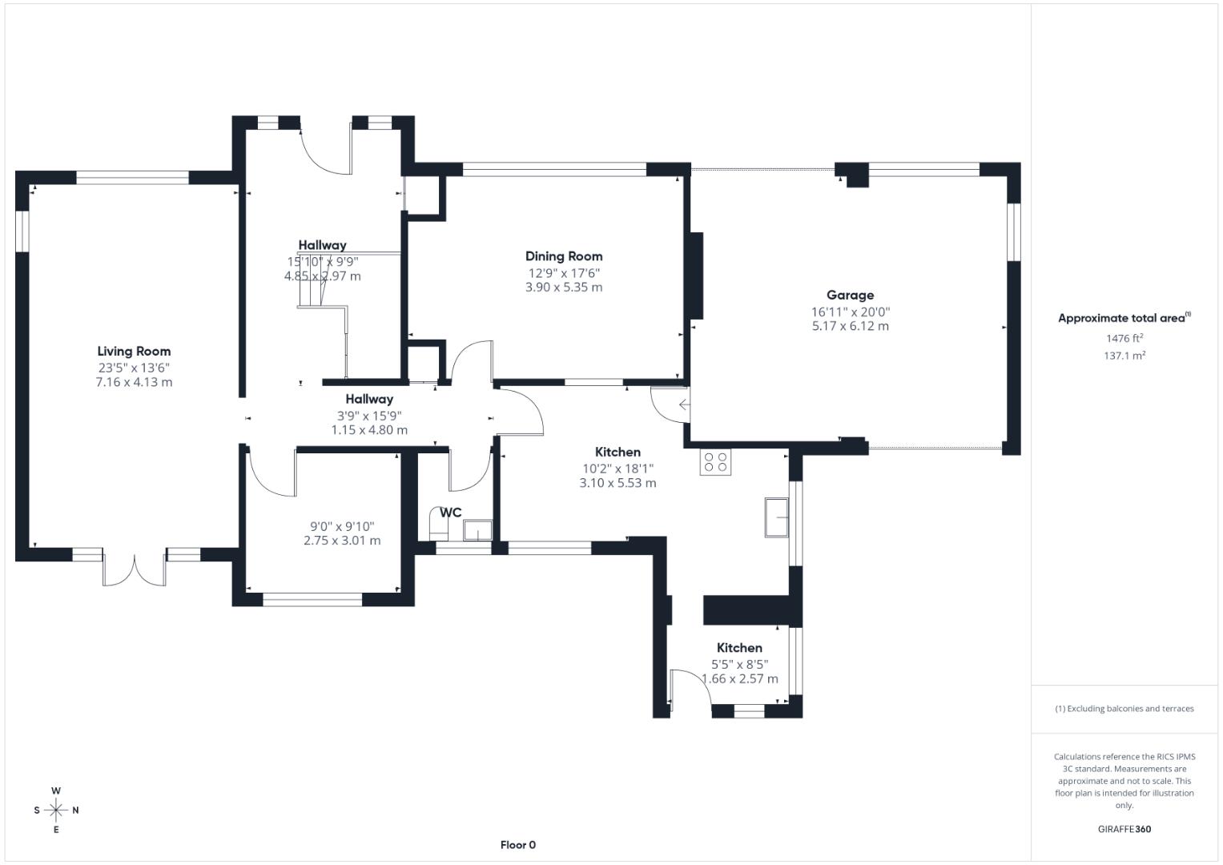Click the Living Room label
pos(134,351)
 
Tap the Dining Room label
pos(564,256)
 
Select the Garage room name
pos(850,295)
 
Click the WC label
pos(451,513)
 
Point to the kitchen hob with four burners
pos(715,462)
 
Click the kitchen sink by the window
pos(776,517)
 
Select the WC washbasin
pos(477,530)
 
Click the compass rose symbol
pos(56,810)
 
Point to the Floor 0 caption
pos(517,845)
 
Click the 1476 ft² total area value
pos(1124,338)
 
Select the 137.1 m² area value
pos(1124,356)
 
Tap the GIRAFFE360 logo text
pos(1124,829)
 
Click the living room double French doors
pos(135,569)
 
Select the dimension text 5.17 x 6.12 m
pos(850,326)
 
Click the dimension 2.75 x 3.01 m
pos(342,541)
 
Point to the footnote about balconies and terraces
pos(1124,709)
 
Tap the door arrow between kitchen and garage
pos(683,405)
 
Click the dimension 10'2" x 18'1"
pos(618,469)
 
